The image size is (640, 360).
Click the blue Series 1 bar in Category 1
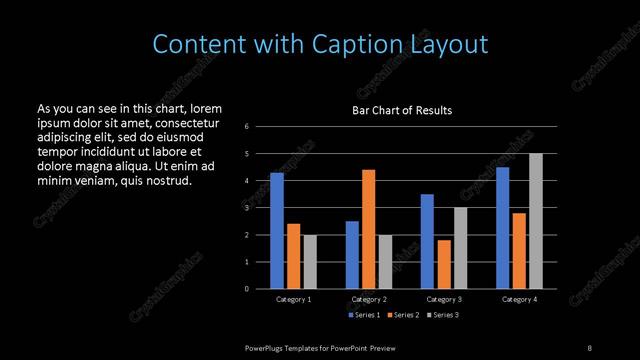click(277, 230)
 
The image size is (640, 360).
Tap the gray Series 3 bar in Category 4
click(536, 220)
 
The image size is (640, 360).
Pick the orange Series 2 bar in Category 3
click(444, 264)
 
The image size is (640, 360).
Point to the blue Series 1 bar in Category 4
click(503, 227)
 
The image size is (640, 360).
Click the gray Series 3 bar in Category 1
click(310, 261)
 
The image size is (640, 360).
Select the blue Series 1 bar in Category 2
click(352, 254)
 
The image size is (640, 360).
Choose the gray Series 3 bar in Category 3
click(460, 247)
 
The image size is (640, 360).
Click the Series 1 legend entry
click(363, 315)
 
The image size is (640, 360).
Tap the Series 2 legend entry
click(403, 315)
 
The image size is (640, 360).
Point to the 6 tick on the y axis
click(247, 127)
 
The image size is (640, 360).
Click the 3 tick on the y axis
click(247, 208)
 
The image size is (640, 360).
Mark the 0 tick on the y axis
click(247, 289)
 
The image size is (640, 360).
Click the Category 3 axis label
click(444, 299)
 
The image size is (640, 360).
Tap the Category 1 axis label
click(293, 299)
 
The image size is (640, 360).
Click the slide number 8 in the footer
click(589, 347)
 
